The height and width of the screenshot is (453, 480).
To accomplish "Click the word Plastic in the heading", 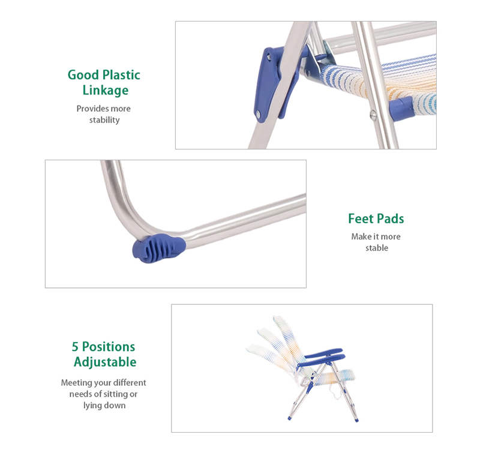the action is click(x=121, y=75).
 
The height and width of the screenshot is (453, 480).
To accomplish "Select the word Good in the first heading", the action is click(x=83, y=75).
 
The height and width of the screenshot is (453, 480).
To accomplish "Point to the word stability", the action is click(x=104, y=120).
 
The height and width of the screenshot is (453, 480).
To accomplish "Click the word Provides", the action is click(x=92, y=109).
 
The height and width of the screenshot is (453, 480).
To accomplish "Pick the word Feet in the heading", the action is click(x=361, y=219).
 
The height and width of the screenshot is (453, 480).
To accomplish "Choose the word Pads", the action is click(x=391, y=219).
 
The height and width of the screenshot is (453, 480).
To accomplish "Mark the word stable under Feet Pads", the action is click(x=377, y=248).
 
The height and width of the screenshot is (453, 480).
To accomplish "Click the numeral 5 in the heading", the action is click(x=75, y=347).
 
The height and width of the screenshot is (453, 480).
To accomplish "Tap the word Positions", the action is click(x=109, y=347).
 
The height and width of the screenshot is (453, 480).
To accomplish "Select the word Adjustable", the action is click(x=105, y=362).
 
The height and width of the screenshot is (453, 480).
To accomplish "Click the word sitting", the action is click(x=116, y=394).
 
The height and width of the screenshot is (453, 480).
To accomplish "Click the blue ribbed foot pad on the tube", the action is click(x=159, y=248).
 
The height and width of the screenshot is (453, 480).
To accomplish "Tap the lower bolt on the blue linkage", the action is click(x=258, y=114).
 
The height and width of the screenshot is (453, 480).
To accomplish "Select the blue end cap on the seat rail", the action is click(x=401, y=109).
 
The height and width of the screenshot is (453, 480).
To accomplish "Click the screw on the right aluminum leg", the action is click(x=373, y=115).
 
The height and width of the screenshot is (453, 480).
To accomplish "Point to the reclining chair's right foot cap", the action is click(x=356, y=420).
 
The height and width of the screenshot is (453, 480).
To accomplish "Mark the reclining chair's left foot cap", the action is click(x=289, y=418).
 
